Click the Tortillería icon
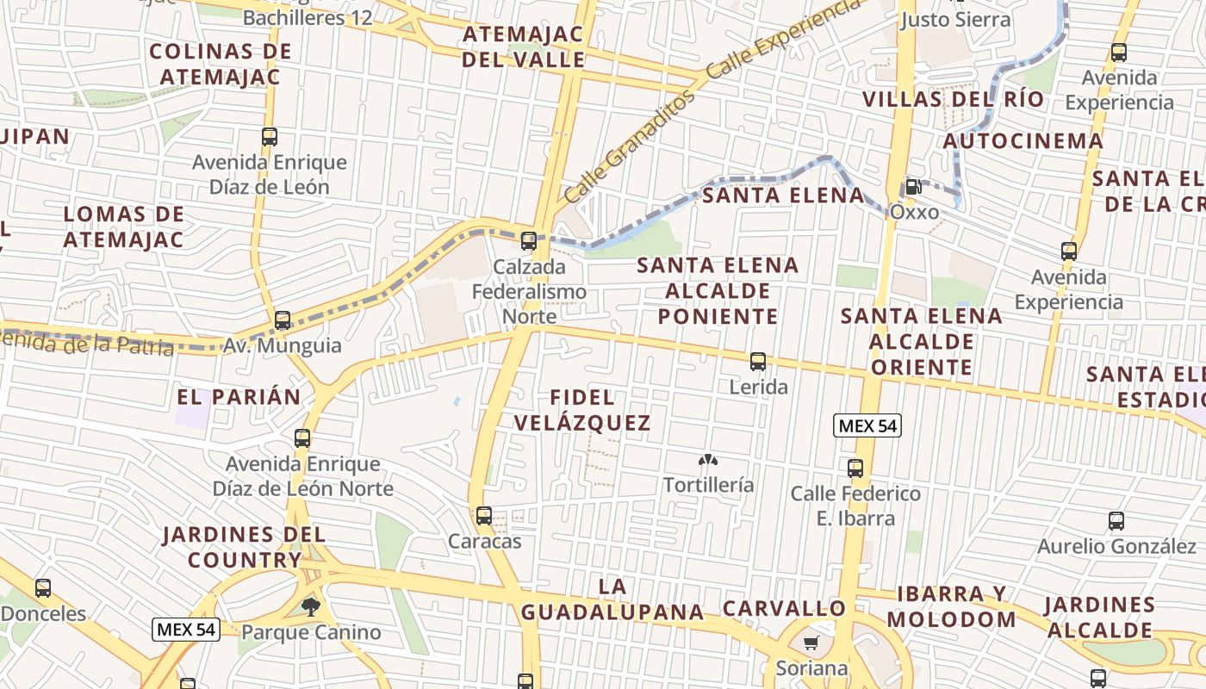click(708, 461)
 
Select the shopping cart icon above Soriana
click(811, 643)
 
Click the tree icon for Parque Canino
click(311, 607)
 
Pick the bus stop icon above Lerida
click(758, 362)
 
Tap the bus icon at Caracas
click(484, 516)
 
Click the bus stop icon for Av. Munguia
click(283, 320)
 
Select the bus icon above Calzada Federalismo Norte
click(529, 241)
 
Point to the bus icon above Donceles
click(43, 588)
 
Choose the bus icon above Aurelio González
click(1116, 521)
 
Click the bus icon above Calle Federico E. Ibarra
click(855, 469)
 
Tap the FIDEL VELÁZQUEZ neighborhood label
click(594, 410)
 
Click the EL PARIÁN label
click(239, 397)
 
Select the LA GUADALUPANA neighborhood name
click(612, 599)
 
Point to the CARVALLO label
click(784, 608)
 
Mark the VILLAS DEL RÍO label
click(953, 99)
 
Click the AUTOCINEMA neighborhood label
click(1023, 140)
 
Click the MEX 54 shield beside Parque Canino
click(186, 630)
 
